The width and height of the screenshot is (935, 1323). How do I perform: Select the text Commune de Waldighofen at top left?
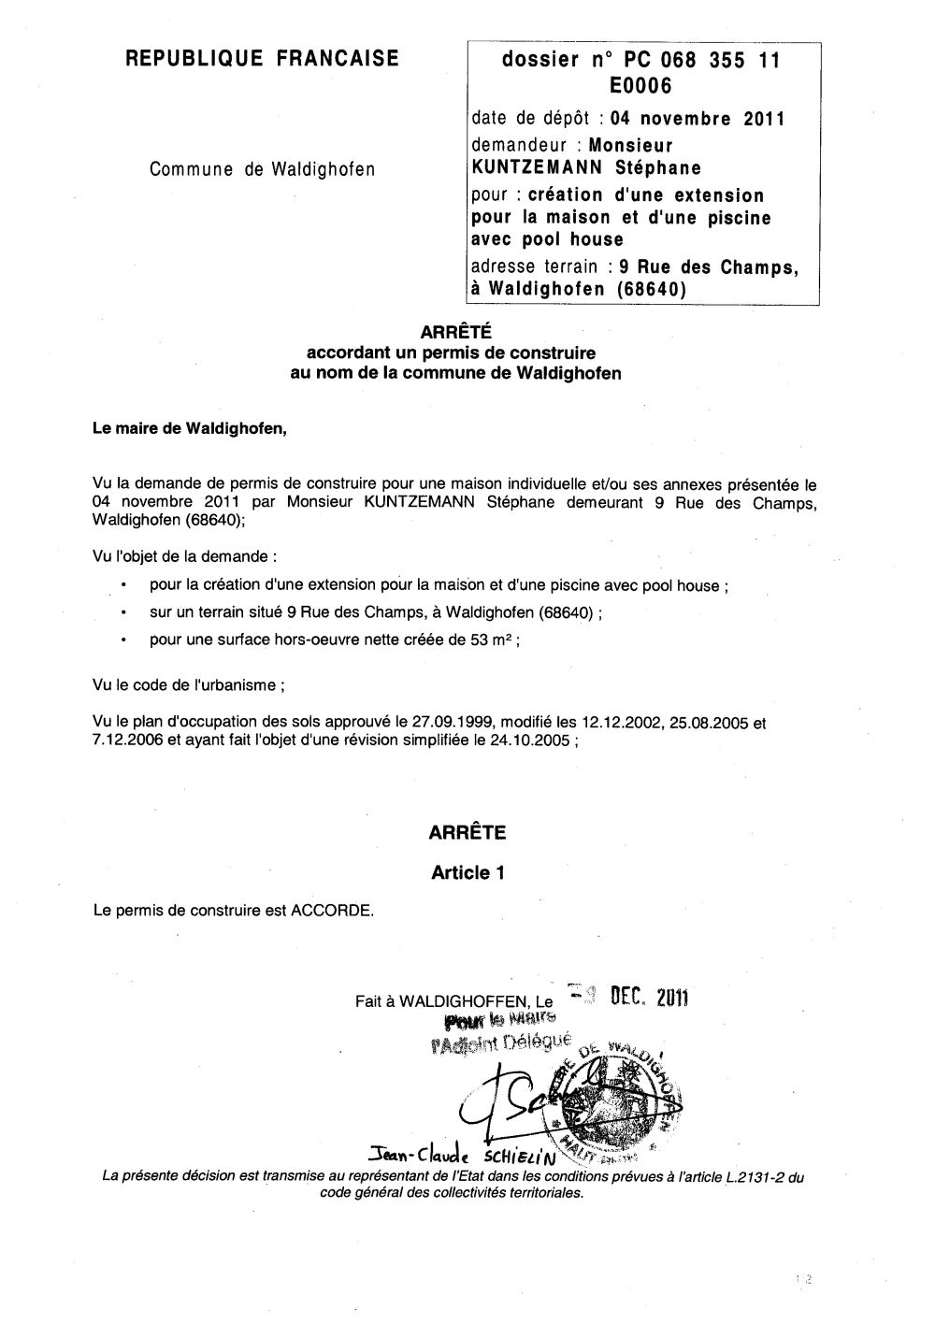pos(262,169)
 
